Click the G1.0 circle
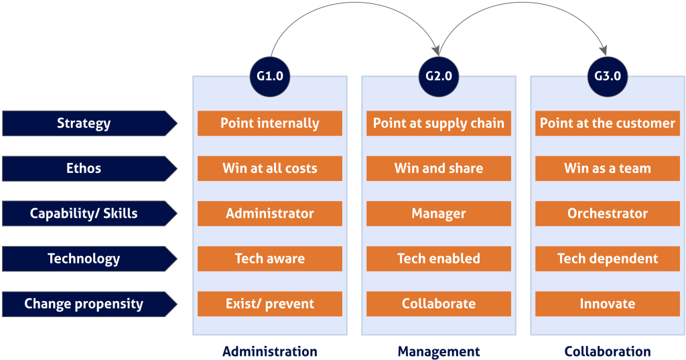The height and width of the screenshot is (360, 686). point(270,76)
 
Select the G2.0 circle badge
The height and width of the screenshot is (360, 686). point(439,76)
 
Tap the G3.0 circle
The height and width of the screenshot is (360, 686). point(607,76)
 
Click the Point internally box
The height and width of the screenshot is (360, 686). point(270,123)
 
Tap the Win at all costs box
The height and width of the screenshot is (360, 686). point(270,169)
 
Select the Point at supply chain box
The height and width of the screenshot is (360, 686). point(439,123)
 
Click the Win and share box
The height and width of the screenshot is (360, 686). point(439,169)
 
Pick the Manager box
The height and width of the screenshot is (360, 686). point(439,214)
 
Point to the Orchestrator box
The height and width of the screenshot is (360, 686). point(608,214)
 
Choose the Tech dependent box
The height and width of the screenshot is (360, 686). point(608,259)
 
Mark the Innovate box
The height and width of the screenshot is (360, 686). point(608,304)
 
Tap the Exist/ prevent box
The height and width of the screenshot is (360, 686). point(270,304)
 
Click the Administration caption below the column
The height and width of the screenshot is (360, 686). point(270,351)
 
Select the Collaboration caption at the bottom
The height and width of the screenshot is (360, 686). point(608,351)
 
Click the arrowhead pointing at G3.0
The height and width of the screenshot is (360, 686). point(604,50)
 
